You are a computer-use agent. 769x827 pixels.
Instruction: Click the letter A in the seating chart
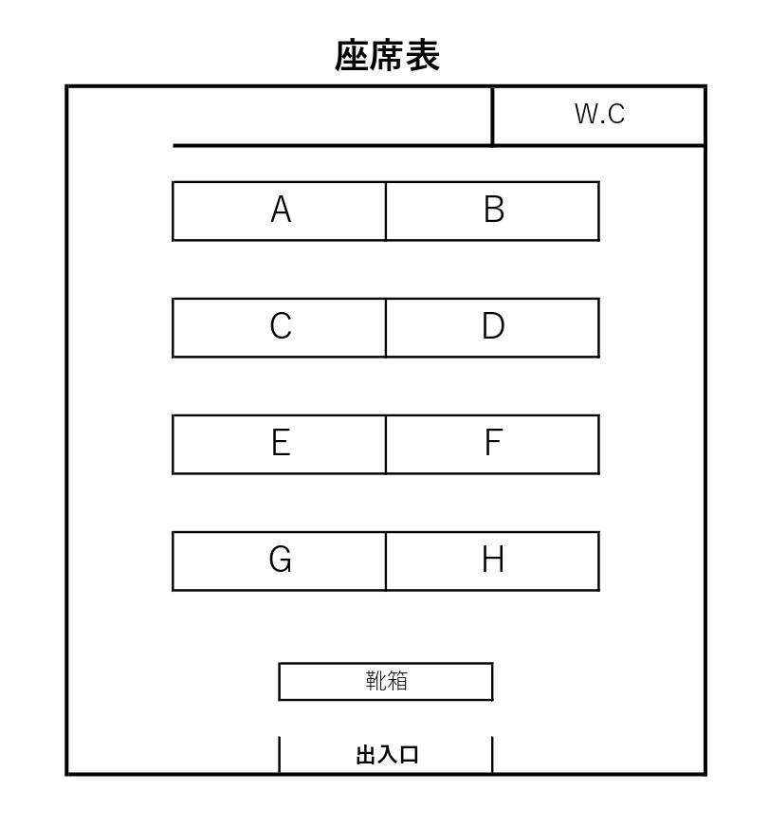click(281, 210)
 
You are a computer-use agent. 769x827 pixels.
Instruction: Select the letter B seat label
click(494, 210)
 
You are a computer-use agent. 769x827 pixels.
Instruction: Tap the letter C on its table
click(281, 326)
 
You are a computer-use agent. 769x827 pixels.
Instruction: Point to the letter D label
click(494, 326)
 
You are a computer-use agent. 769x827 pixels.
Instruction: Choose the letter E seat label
click(281, 443)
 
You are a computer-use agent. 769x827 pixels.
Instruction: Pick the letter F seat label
click(494, 443)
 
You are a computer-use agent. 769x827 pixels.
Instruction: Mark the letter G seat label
click(280, 559)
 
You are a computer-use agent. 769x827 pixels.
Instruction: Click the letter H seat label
click(494, 559)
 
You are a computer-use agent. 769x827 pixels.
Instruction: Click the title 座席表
click(387, 55)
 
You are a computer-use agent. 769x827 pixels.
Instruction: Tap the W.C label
click(599, 114)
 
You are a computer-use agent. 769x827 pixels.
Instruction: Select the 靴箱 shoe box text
click(387, 681)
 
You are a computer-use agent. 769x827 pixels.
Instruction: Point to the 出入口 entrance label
click(387, 755)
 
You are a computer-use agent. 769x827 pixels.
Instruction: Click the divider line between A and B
click(386, 211)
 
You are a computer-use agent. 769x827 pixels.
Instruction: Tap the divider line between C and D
click(386, 328)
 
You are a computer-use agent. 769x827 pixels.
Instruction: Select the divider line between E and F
click(386, 445)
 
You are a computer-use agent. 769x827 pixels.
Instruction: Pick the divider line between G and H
click(386, 561)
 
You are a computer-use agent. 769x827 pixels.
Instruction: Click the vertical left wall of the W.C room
click(493, 116)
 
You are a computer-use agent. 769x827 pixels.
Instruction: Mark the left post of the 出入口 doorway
click(279, 755)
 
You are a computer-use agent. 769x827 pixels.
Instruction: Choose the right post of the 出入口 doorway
click(492, 755)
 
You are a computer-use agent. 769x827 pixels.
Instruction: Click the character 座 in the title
click(352, 55)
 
